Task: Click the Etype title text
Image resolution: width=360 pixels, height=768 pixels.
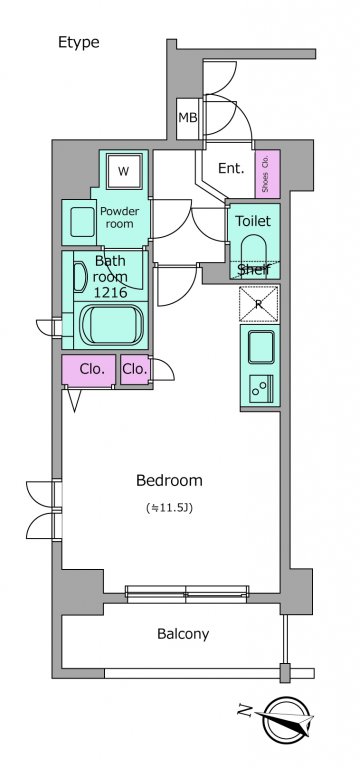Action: [78, 43]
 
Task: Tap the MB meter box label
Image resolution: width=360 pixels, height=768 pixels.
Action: [188, 118]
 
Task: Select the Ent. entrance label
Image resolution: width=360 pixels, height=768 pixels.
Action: [231, 168]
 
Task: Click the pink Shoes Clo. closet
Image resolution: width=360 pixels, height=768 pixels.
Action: [267, 174]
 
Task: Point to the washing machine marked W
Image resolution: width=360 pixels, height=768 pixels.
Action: [124, 171]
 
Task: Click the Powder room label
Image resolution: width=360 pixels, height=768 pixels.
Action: [120, 217]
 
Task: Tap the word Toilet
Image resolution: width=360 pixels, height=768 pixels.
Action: [253, 221]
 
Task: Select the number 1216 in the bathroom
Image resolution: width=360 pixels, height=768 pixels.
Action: [111, 292]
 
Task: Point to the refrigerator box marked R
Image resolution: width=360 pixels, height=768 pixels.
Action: [259, 304]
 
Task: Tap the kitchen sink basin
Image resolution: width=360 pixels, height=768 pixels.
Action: [261, 347]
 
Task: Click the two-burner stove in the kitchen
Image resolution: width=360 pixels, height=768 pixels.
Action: [261, 388]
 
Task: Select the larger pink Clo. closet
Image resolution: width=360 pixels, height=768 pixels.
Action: [89, 370]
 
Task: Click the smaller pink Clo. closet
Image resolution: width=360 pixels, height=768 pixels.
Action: [135, 369]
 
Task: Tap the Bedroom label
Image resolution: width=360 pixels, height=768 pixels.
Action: [169, 480]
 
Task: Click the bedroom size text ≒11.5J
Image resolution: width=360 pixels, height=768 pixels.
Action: [169, 508]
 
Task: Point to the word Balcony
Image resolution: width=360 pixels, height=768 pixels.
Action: [183, 634]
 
